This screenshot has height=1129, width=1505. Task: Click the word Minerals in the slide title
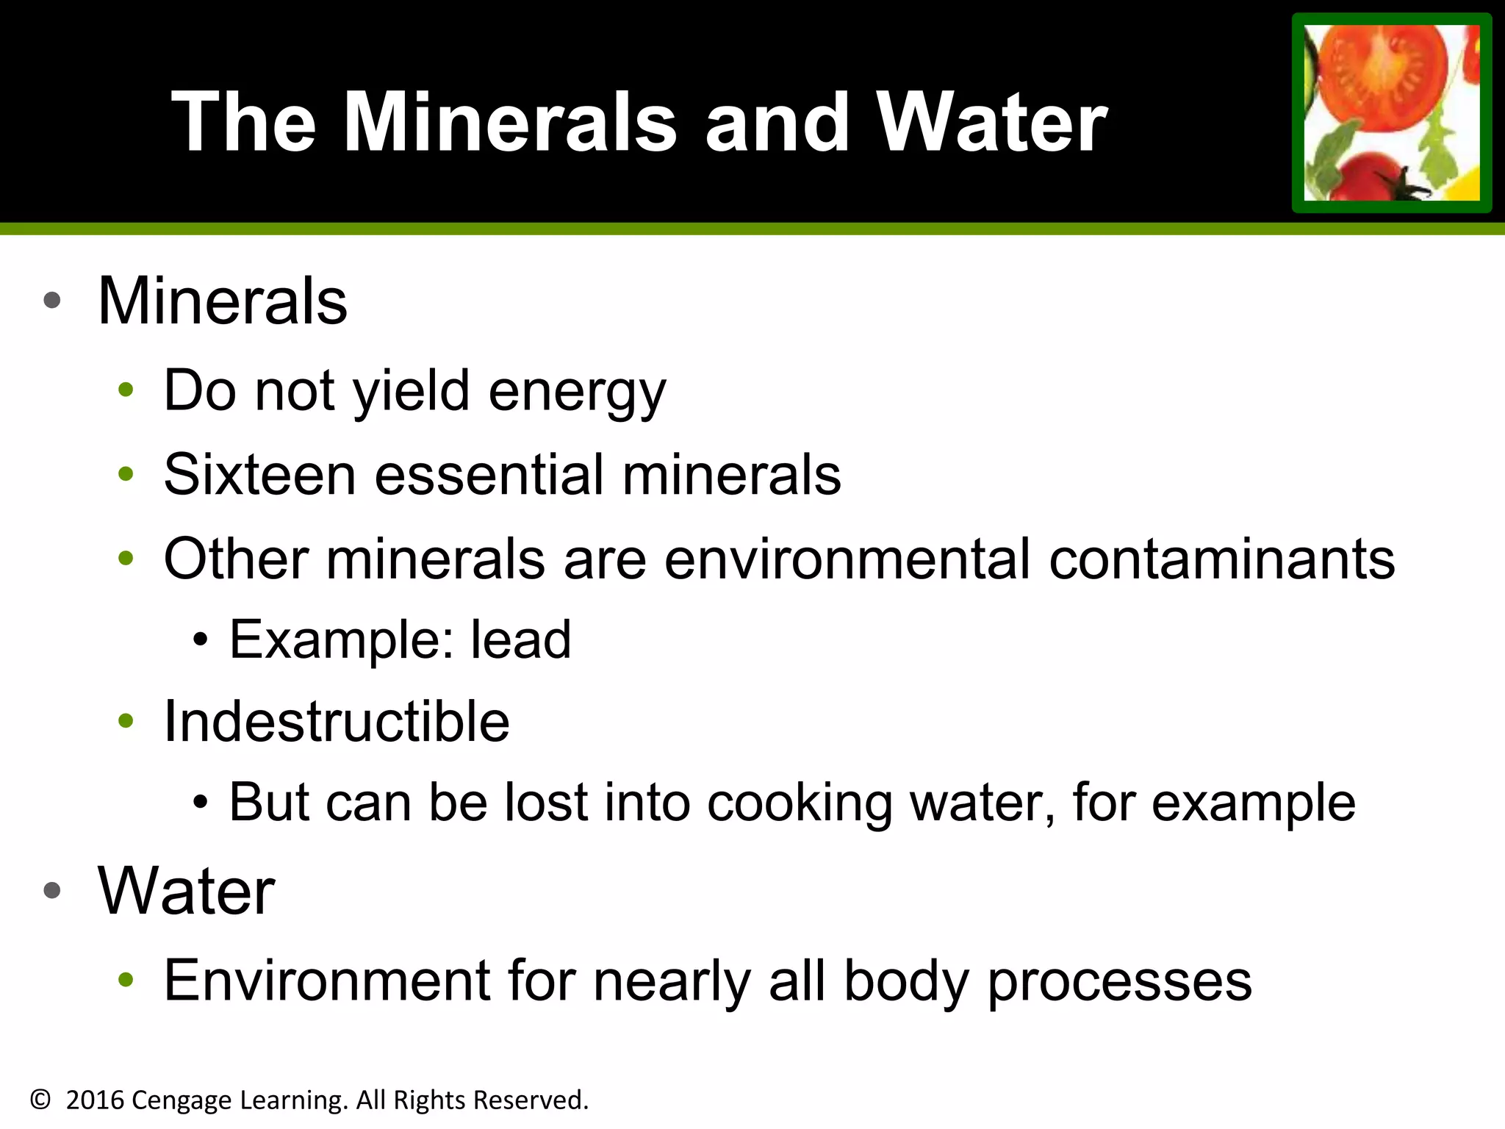(x=509, y=123)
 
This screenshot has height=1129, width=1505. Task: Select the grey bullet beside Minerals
(x=51, y=301)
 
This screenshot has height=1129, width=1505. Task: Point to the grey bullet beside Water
(x=51, y=891)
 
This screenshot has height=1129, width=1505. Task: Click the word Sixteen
(x=259, y=474)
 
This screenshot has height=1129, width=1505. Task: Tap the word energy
(x=577, y=392)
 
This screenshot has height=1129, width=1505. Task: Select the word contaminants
(x=1221, y=559)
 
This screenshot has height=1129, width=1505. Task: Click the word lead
(x=520, y=639)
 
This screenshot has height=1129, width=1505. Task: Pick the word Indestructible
(x=337, y=721)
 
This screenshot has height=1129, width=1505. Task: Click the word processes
(x=1120, y=981)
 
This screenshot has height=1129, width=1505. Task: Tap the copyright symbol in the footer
(x=40, y=1100)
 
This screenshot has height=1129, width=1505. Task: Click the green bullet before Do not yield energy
(x=126, y=390)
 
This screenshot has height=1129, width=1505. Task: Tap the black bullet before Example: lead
(x=200, y=640)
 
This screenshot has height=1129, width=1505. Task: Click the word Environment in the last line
(x=327, y=981)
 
